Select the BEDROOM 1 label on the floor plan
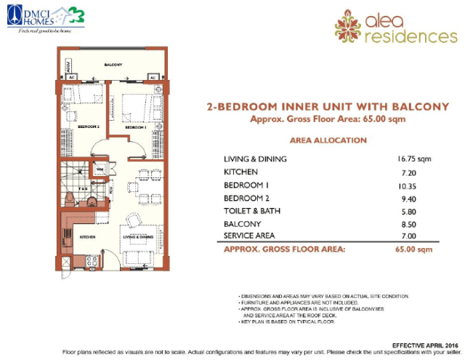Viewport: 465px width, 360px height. pos(136,127)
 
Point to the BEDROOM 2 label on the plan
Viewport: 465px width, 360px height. pos(89,127)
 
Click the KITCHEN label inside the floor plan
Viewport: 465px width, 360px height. pos(88,237)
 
